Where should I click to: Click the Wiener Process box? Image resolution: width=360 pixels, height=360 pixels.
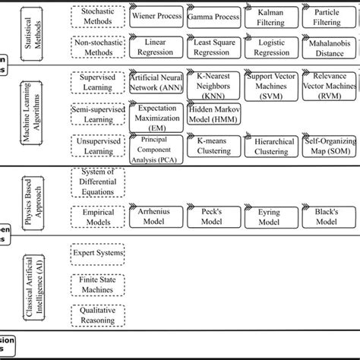click(156, 15)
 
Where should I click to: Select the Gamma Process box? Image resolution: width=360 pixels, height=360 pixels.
click(213, 15)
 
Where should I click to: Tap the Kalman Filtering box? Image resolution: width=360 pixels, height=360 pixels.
click(270, 17)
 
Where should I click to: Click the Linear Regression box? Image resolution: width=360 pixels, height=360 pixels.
click(156, 48)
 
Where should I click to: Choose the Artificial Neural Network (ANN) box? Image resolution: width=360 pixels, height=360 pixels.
click(156, 83)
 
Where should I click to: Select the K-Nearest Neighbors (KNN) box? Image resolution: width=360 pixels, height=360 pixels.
click(213, 83)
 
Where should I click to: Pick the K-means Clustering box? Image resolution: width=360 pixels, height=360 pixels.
click(213, 145)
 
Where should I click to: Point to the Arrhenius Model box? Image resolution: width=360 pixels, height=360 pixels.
click(156, 217)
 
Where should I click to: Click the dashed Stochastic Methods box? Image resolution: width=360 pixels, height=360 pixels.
click(97, 17)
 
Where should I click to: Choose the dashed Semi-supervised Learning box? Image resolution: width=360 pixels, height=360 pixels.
click(97, 114)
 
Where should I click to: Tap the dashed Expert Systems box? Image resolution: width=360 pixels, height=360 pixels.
click(97, 252)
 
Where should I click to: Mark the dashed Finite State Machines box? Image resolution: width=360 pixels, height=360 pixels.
click(97, 285)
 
